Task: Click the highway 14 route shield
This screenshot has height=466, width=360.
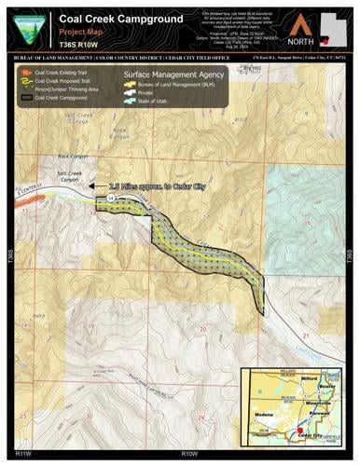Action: pos(110,199)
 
